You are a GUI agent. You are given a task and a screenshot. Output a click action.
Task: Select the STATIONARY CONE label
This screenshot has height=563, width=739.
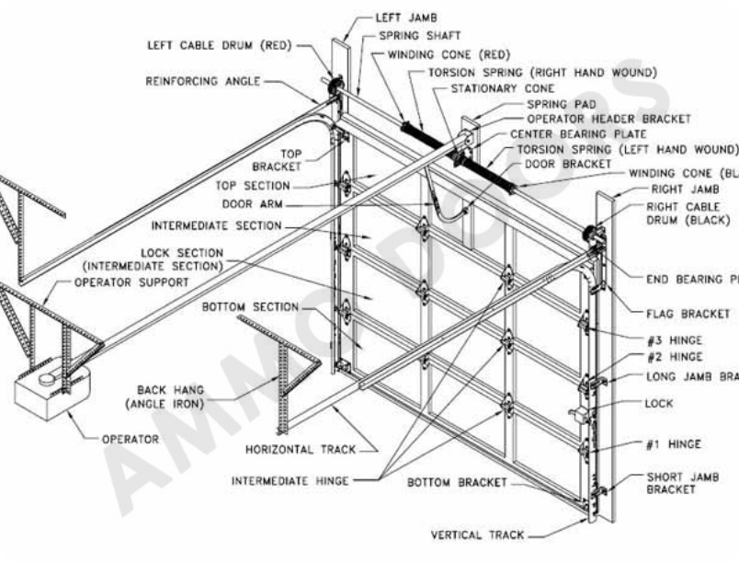(x=502, y=88)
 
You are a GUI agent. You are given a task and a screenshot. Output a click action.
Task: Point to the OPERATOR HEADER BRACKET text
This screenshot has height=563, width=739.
(x=608, y=119)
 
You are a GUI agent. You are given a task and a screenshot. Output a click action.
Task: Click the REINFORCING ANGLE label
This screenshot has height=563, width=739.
(x=203, y=81)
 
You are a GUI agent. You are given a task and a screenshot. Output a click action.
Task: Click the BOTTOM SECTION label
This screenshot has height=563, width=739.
(x=250, y=306)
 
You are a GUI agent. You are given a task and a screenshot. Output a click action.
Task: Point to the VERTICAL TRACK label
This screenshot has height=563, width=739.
(x=478, y=534)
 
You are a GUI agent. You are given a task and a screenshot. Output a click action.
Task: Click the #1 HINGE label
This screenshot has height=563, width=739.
(x=673, y=444)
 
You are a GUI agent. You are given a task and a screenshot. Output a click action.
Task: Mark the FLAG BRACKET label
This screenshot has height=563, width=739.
(x=688, y=314)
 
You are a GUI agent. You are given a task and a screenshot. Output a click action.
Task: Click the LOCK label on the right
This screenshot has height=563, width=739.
(x=659, y=403)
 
